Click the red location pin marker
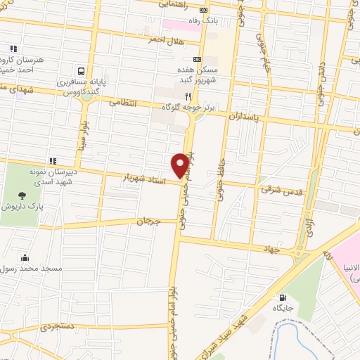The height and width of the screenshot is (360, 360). pyautogui.click(x=181, y=165)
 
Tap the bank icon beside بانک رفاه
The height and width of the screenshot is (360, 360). pyautogui.click(x=204, y=11)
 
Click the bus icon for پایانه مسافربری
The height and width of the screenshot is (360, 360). pyautogui.click(x=82, y=71)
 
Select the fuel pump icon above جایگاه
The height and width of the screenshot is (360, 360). pyautogui.click(x=283, y=297)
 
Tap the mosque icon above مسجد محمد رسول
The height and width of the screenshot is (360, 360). pyautogui.click(x=26, y=257)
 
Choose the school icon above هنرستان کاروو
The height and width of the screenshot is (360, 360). pyautogui.click(x=12, y=49)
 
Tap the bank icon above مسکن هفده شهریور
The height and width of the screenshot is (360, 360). pyautogui.click(x=197, y=60)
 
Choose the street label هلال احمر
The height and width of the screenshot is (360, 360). pyautogui.click(x=165, y=41)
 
